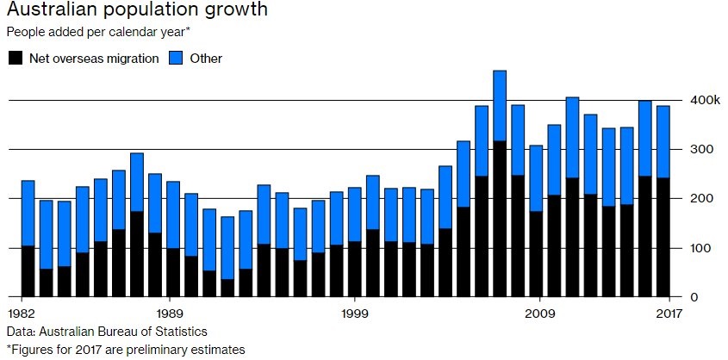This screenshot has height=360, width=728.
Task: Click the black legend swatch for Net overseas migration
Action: tap(15, 59)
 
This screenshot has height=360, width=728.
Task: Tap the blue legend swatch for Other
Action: tap(174, 59)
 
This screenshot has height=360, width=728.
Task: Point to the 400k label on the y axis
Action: tap(703, 101)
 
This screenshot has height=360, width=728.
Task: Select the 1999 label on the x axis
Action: tap(353, 313)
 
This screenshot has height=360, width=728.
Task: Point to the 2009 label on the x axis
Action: tap(538, 313)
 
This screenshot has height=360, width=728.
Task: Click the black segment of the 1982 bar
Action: tap(28, 271)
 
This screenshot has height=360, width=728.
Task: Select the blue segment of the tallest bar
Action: tap(500, 105)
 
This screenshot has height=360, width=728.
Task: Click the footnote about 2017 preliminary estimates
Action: tap(126, 349)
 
